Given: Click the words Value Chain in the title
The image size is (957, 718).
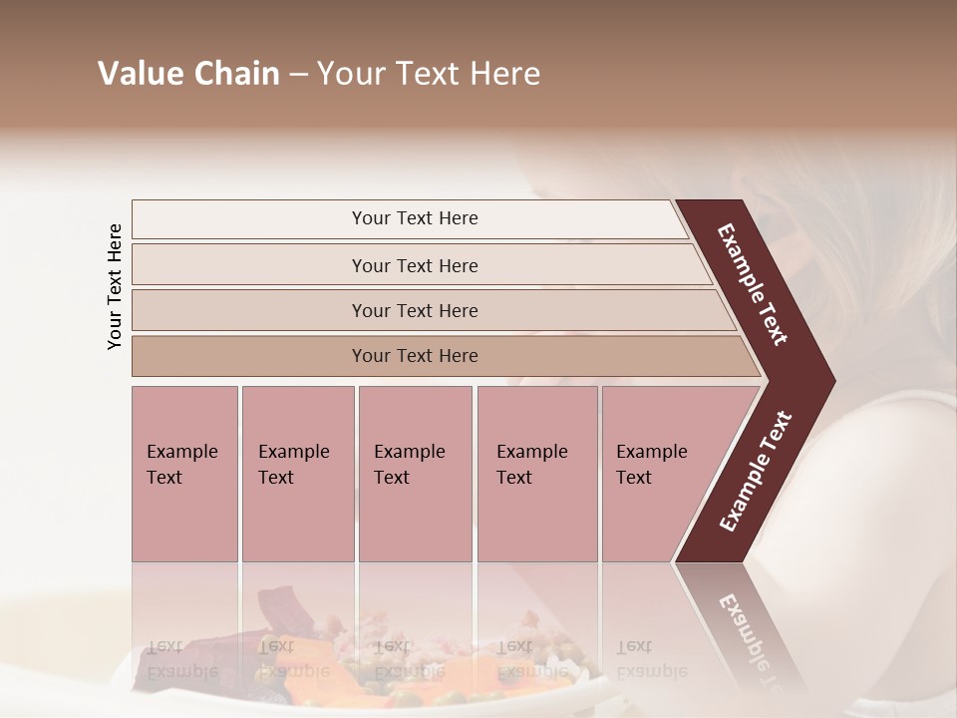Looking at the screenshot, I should pos(188,74).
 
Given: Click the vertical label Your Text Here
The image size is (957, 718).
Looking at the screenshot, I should pos(115,287).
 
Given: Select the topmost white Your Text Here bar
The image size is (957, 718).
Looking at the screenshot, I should pos(415,218).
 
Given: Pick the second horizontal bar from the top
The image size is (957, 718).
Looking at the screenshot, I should pos(415,265).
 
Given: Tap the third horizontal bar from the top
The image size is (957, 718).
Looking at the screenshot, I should pos(415,311).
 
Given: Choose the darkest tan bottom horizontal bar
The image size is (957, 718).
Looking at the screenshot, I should pos(415,356).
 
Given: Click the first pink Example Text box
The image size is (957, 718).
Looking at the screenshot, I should pos(184,474).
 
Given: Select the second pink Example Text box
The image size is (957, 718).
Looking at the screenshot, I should pos(297,474).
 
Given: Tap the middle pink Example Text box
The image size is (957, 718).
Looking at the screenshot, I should pos(415,474).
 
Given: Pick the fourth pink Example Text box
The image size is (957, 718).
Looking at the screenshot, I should pos(537,474).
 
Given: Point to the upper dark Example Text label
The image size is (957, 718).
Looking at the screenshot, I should pos(753,284).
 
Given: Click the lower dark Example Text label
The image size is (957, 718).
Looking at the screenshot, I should pos(756,472).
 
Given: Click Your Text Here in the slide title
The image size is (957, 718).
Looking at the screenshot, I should pos(429,74).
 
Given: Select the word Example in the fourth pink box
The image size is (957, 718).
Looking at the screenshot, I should pos(531,452).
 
